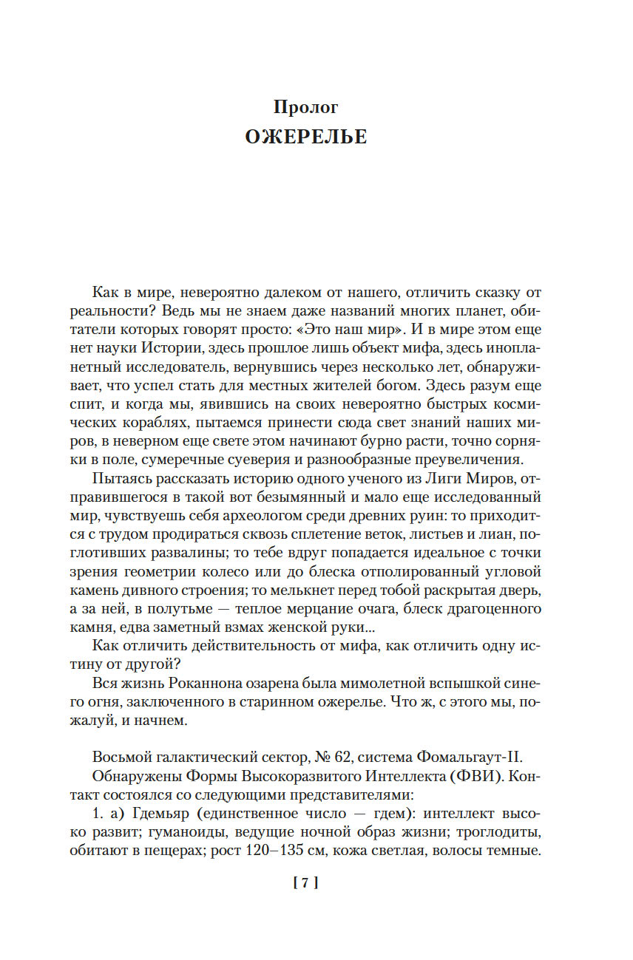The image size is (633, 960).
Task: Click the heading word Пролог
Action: (x=305, y=107)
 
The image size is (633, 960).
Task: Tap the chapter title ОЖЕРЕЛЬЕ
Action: (x=305, y=137)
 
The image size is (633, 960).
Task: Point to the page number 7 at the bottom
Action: (x=305, y=882)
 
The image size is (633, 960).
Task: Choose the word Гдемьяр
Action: (x=171, y=814)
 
